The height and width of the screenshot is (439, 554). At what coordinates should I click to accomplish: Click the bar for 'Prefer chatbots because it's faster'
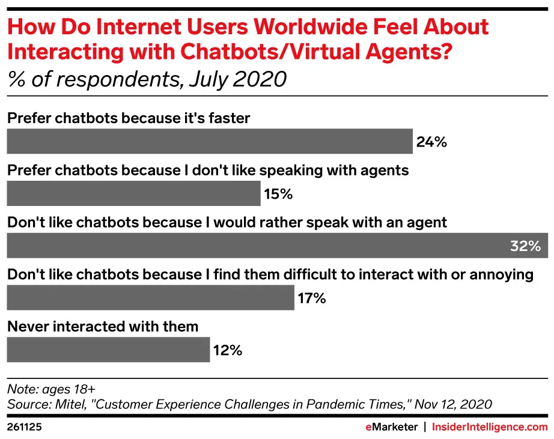[x=209, y=141]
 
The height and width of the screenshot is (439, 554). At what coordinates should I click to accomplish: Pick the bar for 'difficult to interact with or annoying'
[x=150, y=297]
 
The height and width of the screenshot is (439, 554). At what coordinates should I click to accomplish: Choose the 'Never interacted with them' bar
[x=108, y=350]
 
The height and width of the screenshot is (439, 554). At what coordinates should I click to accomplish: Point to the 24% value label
[x=431, y=142]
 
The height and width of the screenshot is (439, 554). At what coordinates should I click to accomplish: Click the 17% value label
[x=311, y=298]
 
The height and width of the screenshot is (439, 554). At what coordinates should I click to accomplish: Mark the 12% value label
[x=227, y=350]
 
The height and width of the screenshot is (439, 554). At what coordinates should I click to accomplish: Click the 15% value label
[x=278, y=194]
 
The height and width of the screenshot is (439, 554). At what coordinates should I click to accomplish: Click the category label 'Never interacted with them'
[x=102, y=327]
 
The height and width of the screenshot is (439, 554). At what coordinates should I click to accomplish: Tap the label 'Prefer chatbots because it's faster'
[x=128, y=118]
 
